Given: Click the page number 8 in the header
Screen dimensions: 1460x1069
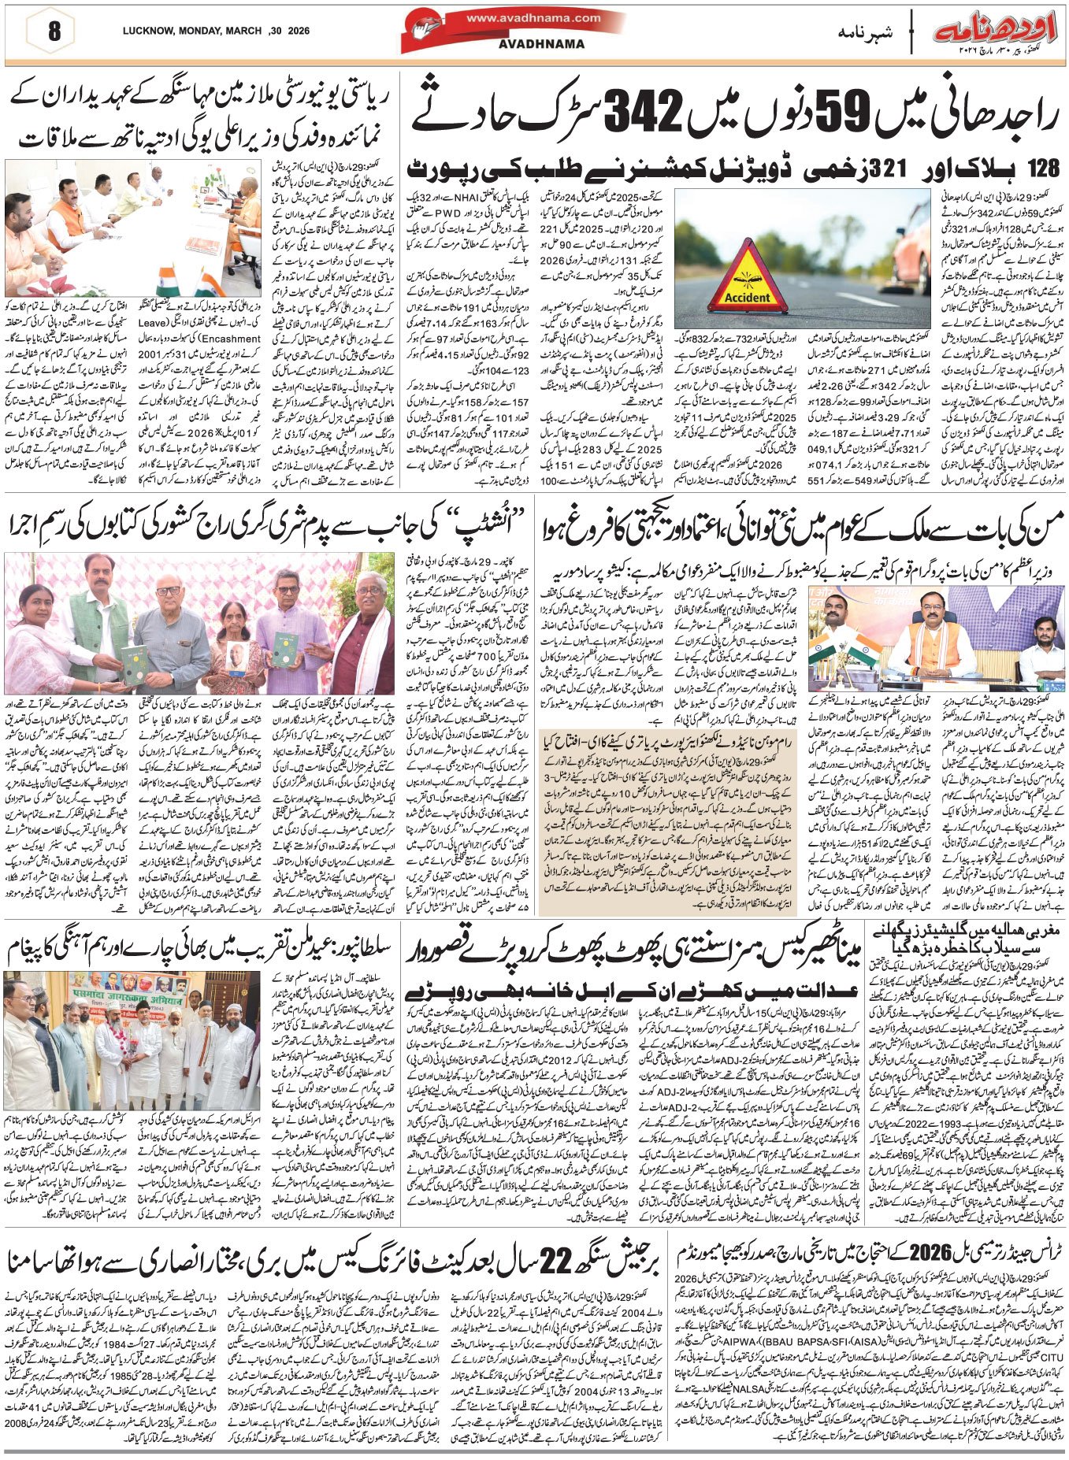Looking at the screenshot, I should (53, 32).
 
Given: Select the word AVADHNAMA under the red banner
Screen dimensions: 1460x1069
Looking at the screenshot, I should (541, 44).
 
